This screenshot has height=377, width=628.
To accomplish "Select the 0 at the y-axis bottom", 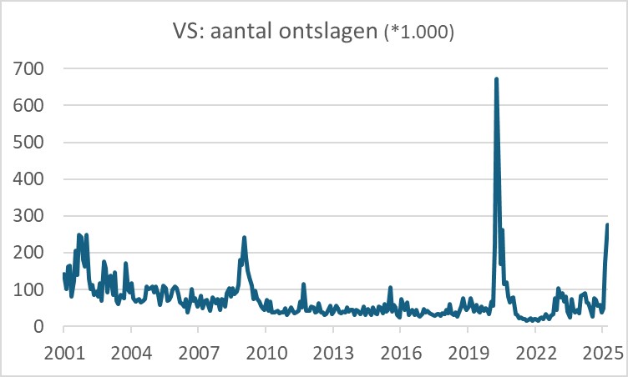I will [x=38, y=326].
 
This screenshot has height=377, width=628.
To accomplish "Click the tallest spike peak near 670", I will [x=496, y=79].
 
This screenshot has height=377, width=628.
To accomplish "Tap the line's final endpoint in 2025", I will [x=608, y=224].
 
